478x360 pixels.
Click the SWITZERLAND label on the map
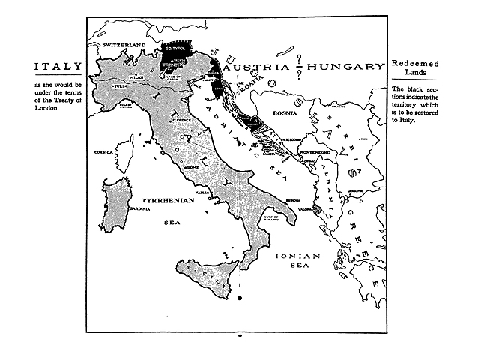pyautogui.click(x=123, y=46)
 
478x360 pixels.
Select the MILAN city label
pyautogui.click(x=136, y=76)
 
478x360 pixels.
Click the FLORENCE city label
pyautogui.click(x=182, y=120)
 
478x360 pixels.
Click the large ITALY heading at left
pyautogui.click(x=57, y=67)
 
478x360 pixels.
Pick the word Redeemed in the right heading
pyautogui.click(x=415, y=59)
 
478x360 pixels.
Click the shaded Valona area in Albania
pyautogui.click(x=318, y=209)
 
